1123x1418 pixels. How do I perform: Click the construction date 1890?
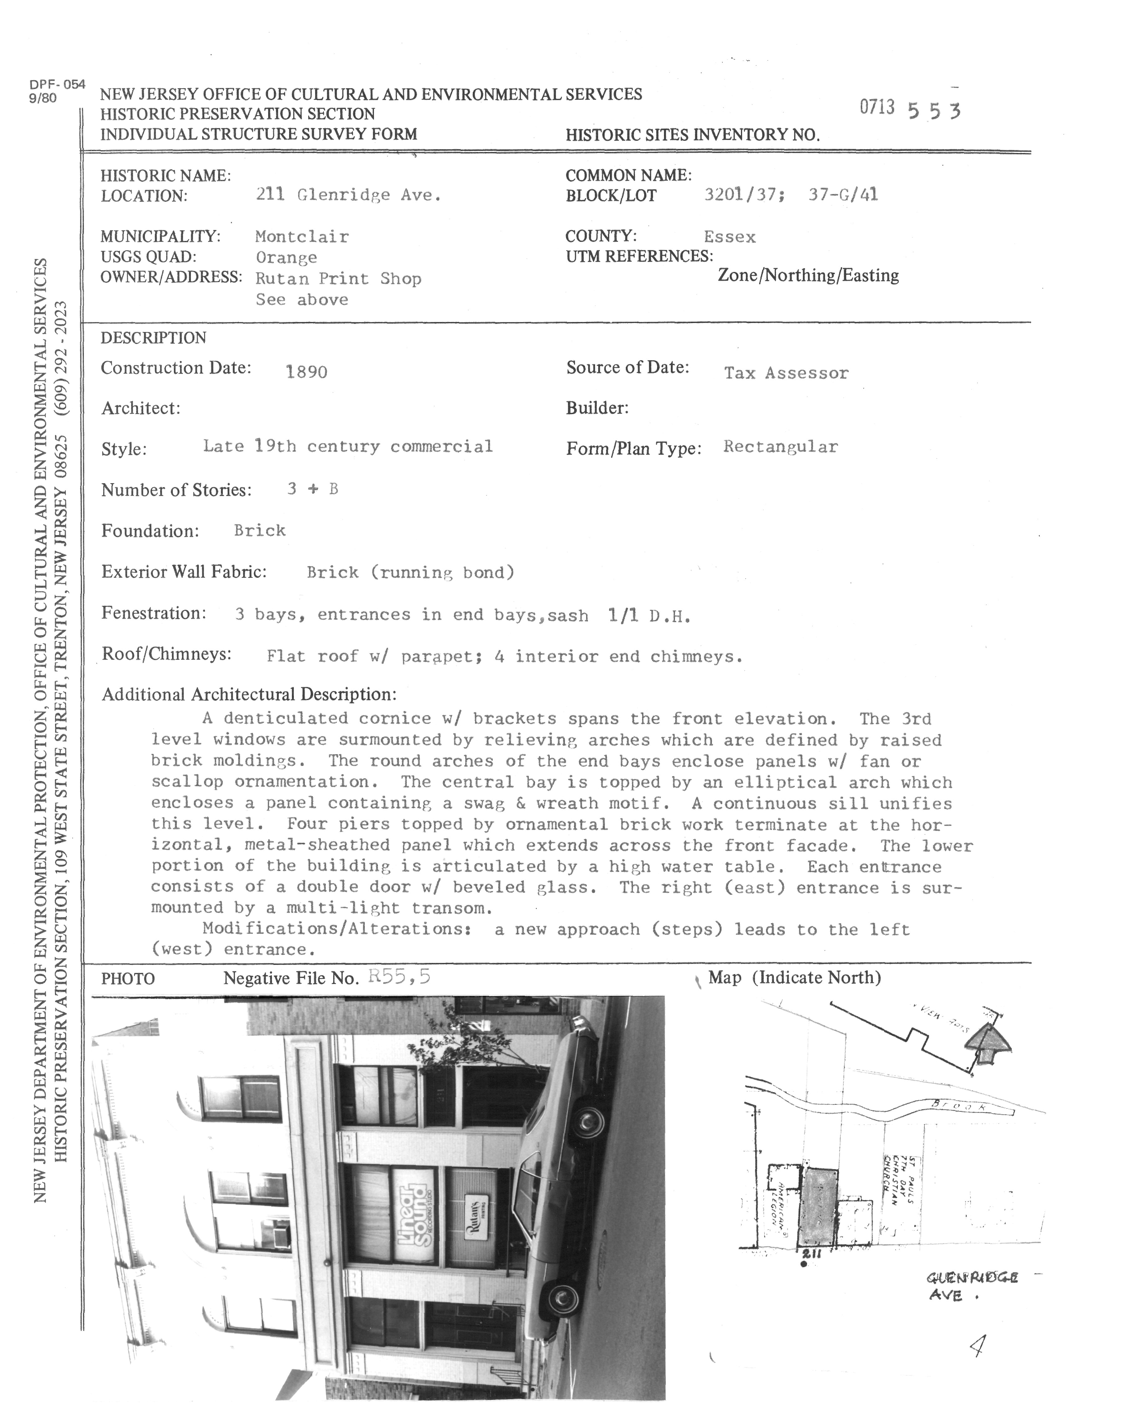[306, 372]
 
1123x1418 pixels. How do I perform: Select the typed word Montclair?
[302, 237]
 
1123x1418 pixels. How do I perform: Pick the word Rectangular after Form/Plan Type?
[780, 447]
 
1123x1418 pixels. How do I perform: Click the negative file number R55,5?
[399, 977]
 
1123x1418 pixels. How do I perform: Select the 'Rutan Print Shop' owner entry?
[338, 279]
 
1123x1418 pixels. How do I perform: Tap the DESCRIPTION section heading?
[153, 338]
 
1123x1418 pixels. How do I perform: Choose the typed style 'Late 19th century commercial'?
[347, 447]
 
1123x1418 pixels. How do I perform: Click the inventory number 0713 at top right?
[877, 107]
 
